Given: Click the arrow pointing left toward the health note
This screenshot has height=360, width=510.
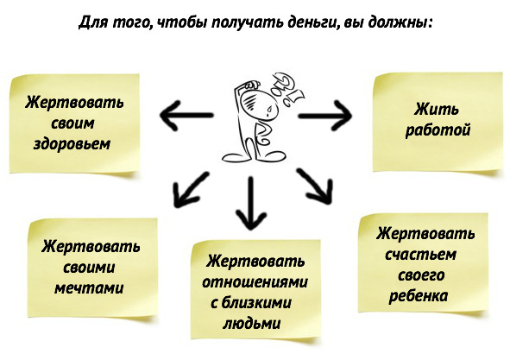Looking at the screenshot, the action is tap(186, 115).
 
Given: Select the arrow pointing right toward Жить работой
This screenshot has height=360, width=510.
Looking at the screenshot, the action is tap(325, 116).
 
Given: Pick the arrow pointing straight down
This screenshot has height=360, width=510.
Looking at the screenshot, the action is tap(251, 203).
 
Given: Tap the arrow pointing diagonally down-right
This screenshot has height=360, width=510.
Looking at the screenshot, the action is tap(315, 186).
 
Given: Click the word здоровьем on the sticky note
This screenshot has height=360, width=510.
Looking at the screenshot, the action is tap(72, 144).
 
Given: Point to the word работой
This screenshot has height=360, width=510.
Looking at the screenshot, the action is tap(438, 130).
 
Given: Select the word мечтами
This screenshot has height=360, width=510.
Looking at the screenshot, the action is tap(89, 288).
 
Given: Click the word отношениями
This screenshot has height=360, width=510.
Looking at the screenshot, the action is tap(255, 282).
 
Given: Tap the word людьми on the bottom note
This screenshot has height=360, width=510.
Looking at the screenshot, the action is tap(251, 324).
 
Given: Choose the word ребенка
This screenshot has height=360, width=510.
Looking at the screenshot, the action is tap(419, 296).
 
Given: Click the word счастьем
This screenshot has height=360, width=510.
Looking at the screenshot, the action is tap(420, 255).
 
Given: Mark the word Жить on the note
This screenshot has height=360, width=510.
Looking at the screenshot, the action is tap(436, 110).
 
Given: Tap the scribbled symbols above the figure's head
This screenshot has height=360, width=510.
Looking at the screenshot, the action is tap(288, 90).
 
